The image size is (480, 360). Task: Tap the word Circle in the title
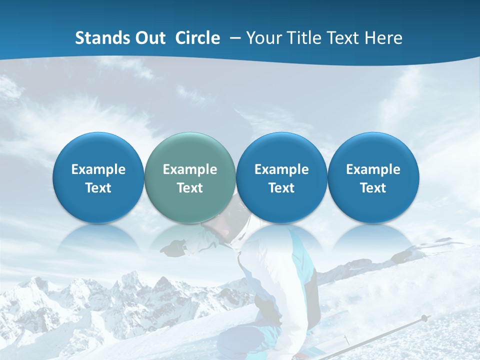pyautogui.click(x=197, y=38)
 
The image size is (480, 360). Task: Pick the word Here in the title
pyautogui.click(x=384, y=38)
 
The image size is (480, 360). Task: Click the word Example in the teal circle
pyautogui.click(x=190, y=169)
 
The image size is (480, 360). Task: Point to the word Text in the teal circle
pyautogui.click(x=190, y=188)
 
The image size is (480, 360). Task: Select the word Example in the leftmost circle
pyautogui.click(x=98, y=169)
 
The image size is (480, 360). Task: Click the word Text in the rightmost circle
pyautogui.click(x=373, y=188)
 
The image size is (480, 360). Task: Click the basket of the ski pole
pyautogui.click(x=424, y=318)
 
